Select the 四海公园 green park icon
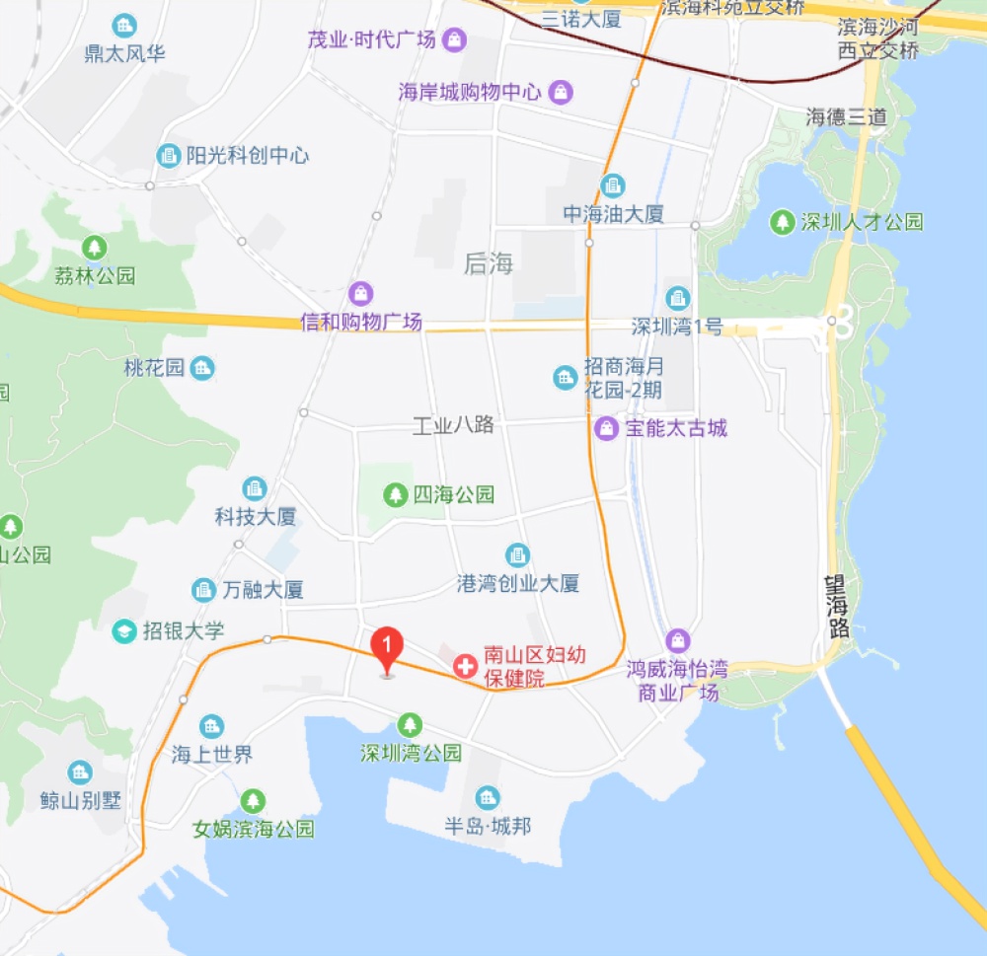coord(396,493)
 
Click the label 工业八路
coord(453,426)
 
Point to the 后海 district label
coord(489,263)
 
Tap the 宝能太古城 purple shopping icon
coord(607,428)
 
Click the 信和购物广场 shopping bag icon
coord(361,293)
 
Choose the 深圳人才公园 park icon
coord(783,222)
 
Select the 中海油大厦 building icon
coord(613,184)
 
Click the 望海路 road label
coord(838,607)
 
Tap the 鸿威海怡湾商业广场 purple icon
coord(677,640)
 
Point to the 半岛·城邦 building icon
coord(487,797)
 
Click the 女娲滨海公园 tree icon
coord(254,800)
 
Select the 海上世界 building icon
coord(211,727)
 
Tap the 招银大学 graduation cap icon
coord(124,631)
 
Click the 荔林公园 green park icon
coord(95,247)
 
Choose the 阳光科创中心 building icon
coord(169,156)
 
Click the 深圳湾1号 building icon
coord(678,297)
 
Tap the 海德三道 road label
coord(846,116)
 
